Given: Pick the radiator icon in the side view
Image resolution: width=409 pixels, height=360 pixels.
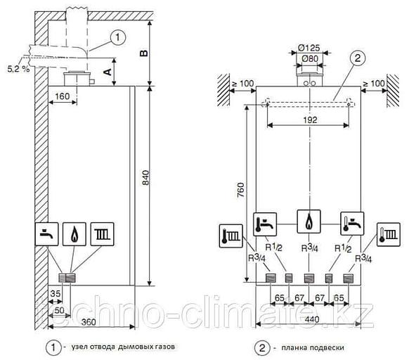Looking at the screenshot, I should point(101,233).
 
